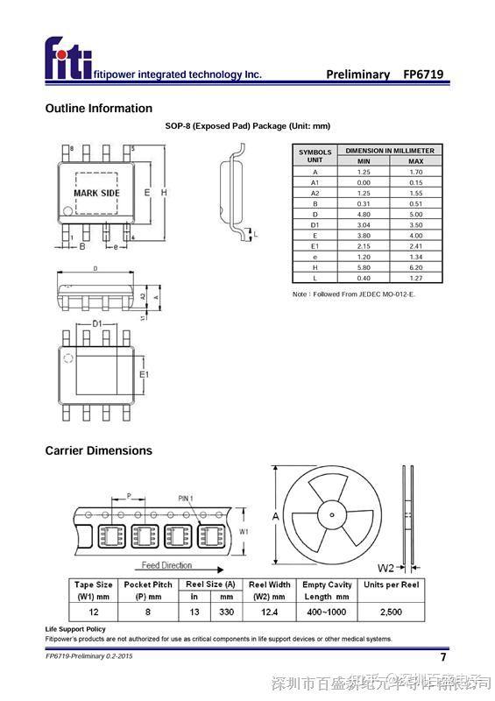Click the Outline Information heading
pos(98,109)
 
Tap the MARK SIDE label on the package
pos(96,193)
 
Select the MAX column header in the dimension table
pos(415,161)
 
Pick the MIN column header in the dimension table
pos(364,161)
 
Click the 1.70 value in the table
pos(415,172)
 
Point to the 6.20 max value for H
pos(415,267)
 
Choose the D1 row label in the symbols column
pos(315,225)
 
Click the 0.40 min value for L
pos(364,278)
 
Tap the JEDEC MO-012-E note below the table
pos(353,294)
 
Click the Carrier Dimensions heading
pos(98,450)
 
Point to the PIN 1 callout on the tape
pos(185,498)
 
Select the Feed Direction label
pos(166,565)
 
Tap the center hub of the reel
pos(333,515)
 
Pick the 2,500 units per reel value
pos(391,612)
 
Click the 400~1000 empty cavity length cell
pos(326,612)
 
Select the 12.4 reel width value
pos(269,612)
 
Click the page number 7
pos(442,657)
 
